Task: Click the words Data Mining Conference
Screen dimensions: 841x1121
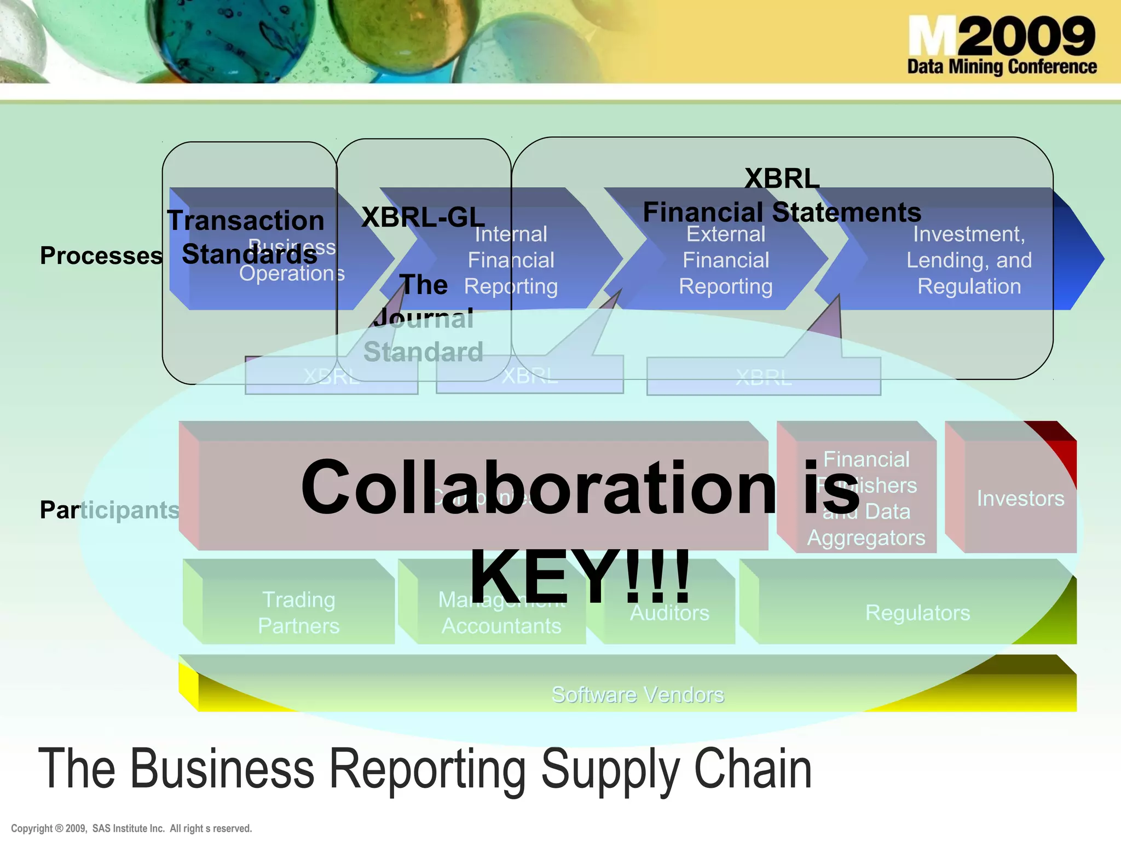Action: [1001, 67]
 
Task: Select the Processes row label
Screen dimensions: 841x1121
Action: [101, 256]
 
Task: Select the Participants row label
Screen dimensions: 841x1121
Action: [109, 510]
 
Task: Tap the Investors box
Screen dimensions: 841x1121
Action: [1020, 498]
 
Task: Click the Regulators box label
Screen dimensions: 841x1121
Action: [917, 613]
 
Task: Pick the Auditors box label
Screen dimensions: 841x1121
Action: [669, 613]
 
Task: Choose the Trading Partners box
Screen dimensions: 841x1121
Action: [298, 613]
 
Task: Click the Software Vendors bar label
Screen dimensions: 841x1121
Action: [638, 694]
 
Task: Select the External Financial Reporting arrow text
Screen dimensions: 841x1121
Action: [726, 261]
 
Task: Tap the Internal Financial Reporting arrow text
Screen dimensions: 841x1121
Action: [511, 261]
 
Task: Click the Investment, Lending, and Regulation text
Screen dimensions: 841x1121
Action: [968, 261]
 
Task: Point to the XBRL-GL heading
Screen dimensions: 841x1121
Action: [423, 217]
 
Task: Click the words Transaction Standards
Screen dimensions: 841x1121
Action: [246, 237]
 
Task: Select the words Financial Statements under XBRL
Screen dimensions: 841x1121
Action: [782, 212]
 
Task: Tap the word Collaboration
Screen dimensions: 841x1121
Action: [538, 487]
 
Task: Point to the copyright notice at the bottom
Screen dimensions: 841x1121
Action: [131, 828]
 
